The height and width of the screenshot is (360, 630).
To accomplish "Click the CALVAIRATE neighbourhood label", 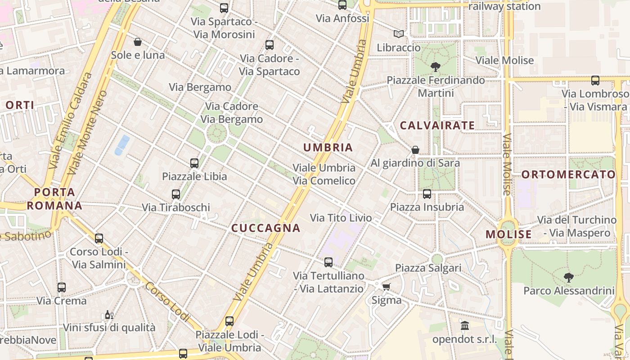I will tap(437, 126).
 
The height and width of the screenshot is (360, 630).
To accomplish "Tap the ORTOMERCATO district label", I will tap(568, 175).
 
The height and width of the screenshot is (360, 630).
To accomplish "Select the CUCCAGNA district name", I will tap(265, 228).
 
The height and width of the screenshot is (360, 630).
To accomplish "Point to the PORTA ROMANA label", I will tap(54, 199).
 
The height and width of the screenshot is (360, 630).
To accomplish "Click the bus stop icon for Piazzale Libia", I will tap(194, 163).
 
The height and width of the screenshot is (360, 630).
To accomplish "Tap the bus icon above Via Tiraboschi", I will tap(176, 194).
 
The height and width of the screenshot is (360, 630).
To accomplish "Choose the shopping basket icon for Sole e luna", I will tap(138, 42).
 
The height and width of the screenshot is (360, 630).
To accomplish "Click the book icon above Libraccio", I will tap(398, 34).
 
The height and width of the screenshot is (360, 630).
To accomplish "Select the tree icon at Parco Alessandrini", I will tap(568, 277).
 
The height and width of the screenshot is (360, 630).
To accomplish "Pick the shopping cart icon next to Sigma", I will tap(386, 287).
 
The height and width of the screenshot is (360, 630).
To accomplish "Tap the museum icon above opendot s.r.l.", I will tap(464, 325).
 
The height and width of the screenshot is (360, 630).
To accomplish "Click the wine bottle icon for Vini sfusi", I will tap(108, 315).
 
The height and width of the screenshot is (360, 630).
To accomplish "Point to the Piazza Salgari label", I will tap(428, 268).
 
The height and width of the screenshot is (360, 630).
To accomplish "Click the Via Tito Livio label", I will tap(341, 218).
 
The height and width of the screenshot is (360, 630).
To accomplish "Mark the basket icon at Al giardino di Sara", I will tap(415, 149).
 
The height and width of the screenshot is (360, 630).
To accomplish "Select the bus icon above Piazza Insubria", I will tap(427, 194).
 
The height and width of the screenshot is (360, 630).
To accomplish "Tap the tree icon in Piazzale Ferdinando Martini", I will tap(435, 67).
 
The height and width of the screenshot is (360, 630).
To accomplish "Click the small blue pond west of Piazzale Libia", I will tap(122, 145).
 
